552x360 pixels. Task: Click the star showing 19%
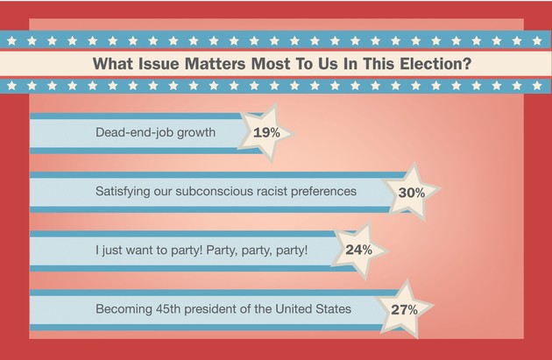tap(265, 133)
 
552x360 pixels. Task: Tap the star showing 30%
tap(411, 192)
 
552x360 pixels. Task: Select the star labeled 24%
tap(358, 251)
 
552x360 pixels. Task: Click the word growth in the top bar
tap(219, 133)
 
